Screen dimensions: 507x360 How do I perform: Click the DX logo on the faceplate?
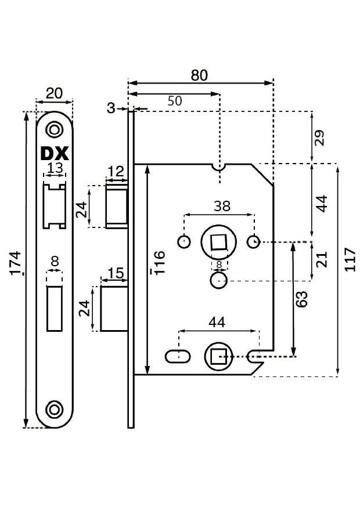(55, 154)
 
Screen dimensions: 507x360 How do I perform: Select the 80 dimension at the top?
(199, 75)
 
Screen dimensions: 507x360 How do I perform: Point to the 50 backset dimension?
(174, 100)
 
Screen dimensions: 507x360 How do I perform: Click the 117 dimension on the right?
(349, 260)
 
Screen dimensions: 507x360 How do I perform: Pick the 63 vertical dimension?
(301, 299)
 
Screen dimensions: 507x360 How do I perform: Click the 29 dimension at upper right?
(318, 138)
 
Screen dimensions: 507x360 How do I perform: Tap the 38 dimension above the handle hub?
(222, 206)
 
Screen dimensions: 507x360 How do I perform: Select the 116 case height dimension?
(159, 263)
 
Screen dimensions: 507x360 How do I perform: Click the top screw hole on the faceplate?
(55, 129)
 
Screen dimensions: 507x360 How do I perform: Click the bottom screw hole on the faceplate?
(55, 409)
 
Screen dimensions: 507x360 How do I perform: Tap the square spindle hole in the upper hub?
(219, 242)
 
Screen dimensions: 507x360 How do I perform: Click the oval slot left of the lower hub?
(178, 355)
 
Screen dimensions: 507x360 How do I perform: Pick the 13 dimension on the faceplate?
(55, 168)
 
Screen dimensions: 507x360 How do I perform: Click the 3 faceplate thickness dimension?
(111, 108)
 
